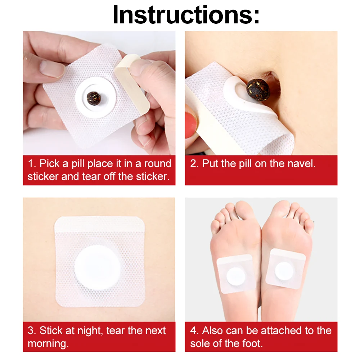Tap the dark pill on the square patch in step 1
click(94, 98)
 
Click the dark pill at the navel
click(258, 90)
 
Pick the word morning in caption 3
click(48, 344)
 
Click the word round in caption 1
click(158, 163)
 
